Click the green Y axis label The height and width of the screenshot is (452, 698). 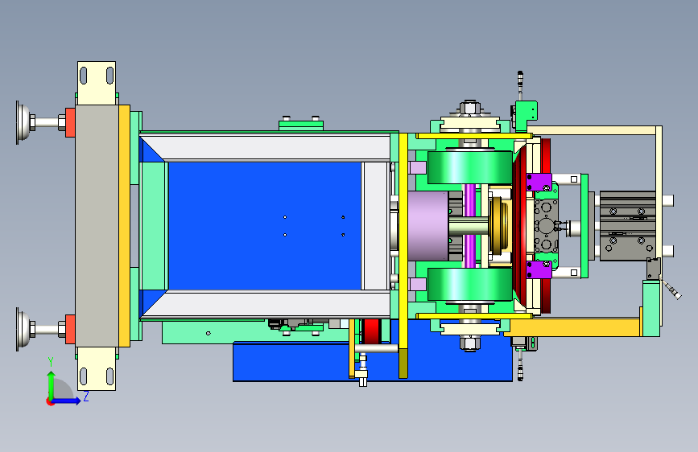[51, 362]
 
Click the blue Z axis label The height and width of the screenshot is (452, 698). [86, 397]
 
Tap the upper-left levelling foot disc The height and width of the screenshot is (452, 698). [23, 122]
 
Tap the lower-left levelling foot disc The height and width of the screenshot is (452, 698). [23, 329]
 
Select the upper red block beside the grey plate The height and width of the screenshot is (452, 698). [70, 122]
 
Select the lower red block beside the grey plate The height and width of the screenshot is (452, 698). [70, 329]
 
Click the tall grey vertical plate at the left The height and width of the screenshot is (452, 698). [97, 226]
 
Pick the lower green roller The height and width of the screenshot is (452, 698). [469, 284]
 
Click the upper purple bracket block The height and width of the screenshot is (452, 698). [539, 183]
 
